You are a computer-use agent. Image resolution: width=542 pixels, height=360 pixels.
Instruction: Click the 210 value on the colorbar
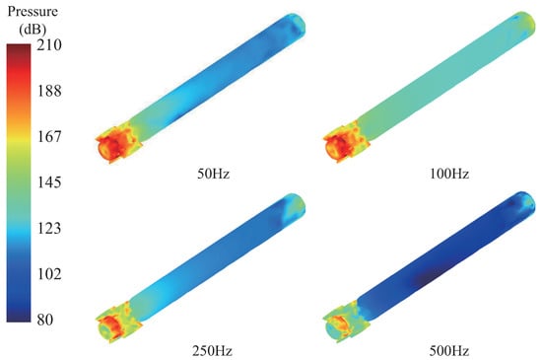49,45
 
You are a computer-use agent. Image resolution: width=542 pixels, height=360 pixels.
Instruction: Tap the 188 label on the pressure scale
49,91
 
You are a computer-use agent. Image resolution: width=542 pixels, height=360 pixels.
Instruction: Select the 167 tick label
49,136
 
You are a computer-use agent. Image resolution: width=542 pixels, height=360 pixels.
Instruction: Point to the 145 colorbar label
49,182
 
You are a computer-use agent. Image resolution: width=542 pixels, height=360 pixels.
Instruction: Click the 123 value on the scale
49,228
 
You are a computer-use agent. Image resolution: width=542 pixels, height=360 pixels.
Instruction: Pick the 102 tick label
49,274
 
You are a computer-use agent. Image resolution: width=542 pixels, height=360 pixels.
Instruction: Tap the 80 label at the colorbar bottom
45,320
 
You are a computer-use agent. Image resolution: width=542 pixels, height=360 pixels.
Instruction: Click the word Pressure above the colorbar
33,12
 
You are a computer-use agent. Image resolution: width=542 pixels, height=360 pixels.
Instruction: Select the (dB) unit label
33,30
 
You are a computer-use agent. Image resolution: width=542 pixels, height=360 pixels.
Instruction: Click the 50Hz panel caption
213,174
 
